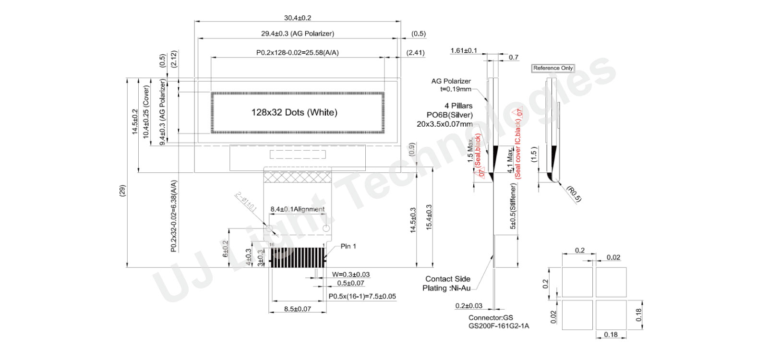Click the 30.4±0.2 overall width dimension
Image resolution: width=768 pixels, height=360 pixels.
(x=297, y=18)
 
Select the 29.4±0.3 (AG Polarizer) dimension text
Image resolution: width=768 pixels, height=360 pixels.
(x=297, y=34)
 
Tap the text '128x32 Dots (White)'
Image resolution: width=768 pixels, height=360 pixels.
(x=294, y=112)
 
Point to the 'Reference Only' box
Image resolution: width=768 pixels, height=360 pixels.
(x=553, y=68)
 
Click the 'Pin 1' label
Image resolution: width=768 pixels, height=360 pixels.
(x=348, y=246)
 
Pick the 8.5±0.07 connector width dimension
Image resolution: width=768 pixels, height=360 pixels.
(x=297, y=309)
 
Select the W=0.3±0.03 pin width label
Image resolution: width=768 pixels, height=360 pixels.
(x=350, y=275)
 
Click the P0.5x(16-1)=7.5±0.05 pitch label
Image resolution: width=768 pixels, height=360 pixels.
(x=362, y=296)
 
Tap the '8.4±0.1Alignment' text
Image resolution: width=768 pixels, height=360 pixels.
(x=297, y=209)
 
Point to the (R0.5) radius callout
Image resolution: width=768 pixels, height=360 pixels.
(x=574, y=194)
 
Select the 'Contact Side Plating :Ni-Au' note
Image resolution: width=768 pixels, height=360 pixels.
(x=447, y=283)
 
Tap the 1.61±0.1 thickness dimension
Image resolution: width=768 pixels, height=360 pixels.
(x=464, y=50)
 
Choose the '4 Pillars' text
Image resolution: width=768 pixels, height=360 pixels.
(x=458, y=106)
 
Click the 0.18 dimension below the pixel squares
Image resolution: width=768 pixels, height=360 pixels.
(x=611, y=335)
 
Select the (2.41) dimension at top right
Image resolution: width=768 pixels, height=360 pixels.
(x=415, y=53)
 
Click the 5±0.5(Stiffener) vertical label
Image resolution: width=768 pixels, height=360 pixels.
(x=513, y=206)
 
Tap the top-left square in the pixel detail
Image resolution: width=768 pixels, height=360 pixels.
(x=577, y=282)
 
